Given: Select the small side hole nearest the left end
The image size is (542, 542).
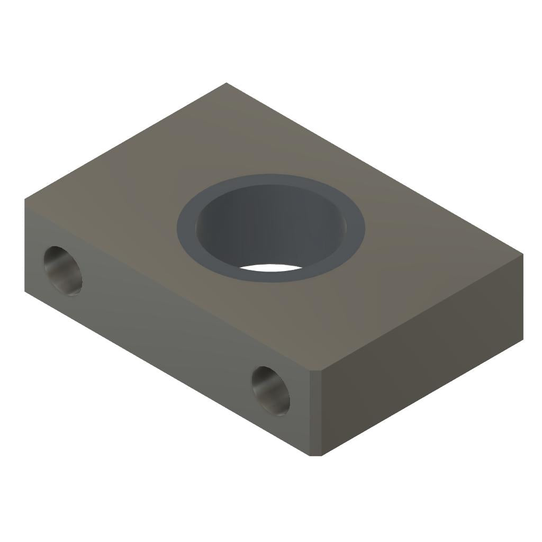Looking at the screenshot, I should [x=63, y=270].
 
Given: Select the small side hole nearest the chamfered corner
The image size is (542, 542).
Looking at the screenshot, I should [x=270, y=390].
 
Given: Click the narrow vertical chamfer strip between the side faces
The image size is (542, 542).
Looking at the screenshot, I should [x=315, y=413].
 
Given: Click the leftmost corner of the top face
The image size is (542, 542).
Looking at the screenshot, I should [x=25, y=199].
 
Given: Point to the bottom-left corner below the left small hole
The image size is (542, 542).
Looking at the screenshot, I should [x=25, y=291].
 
